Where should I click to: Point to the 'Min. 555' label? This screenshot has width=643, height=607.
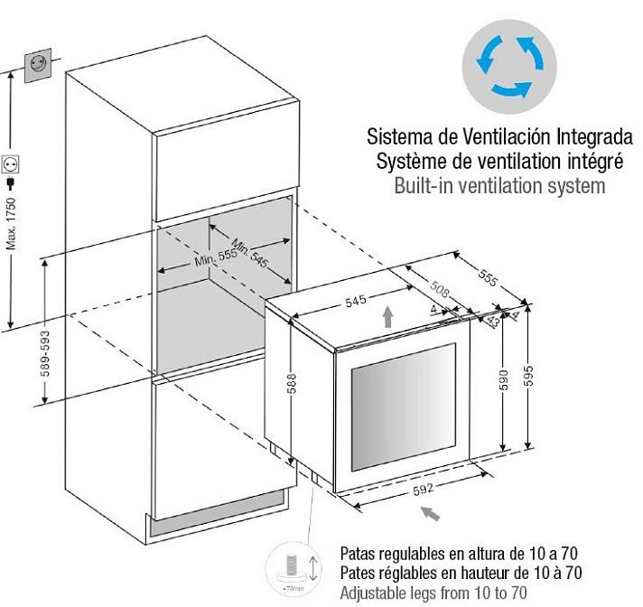(214, 259)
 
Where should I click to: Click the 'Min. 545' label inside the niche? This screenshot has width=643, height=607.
(249, 255)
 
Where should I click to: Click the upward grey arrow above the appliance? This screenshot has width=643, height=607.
(387, 317)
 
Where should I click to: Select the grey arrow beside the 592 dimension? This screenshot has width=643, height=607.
(432, 514)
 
